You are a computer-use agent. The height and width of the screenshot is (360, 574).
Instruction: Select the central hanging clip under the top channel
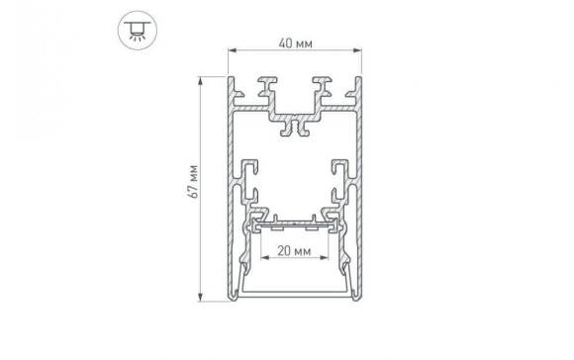pos(294,127)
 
